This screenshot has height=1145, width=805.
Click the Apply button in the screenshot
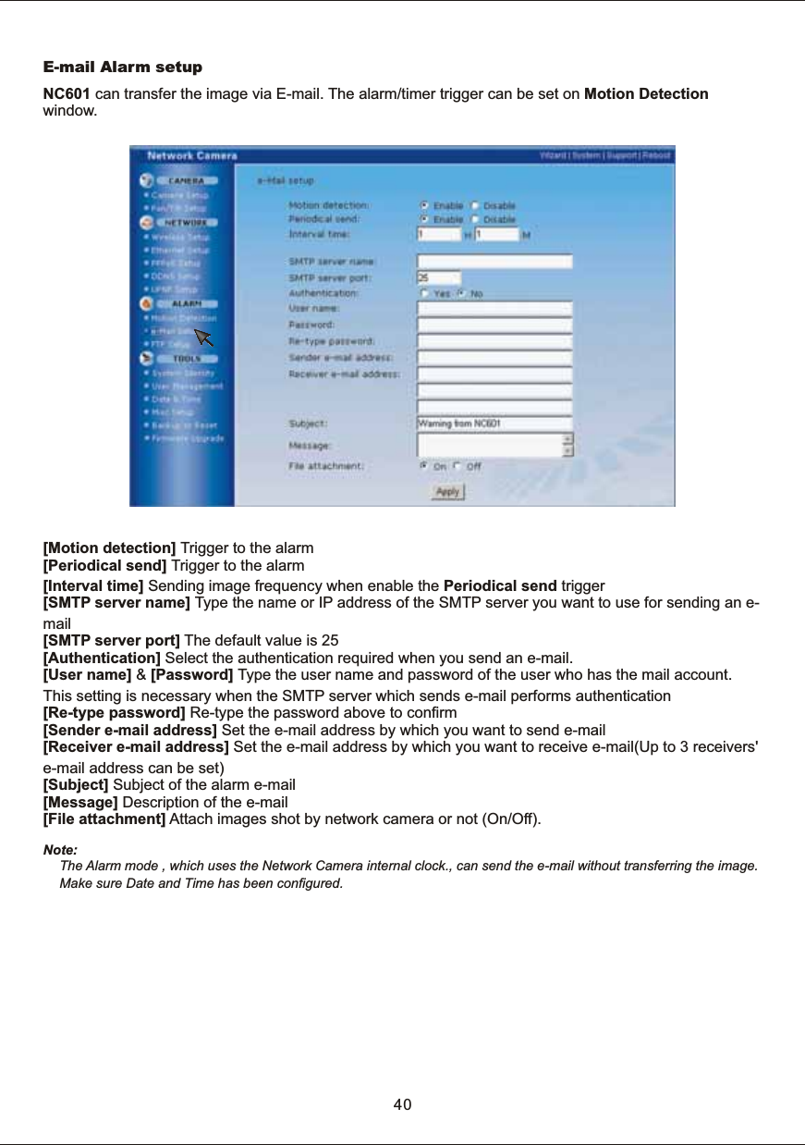point(448,493)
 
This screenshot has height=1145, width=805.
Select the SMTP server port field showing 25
point(438,277)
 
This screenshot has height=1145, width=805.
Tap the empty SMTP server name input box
point(494,262)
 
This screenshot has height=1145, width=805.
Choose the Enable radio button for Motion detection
point(424,205)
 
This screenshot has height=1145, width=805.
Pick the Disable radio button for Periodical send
point(475,220)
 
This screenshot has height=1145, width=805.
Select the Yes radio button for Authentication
point(424,293)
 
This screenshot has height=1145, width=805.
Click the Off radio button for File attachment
point(458,467)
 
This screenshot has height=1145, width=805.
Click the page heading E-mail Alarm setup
point(123,68)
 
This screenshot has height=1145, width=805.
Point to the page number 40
point(402,1105)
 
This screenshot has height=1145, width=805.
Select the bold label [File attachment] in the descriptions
point(104,819)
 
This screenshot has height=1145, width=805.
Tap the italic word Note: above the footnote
point(61,849)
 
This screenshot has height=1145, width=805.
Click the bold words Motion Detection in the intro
point(647,94)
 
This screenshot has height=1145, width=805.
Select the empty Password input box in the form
point(494,325)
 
